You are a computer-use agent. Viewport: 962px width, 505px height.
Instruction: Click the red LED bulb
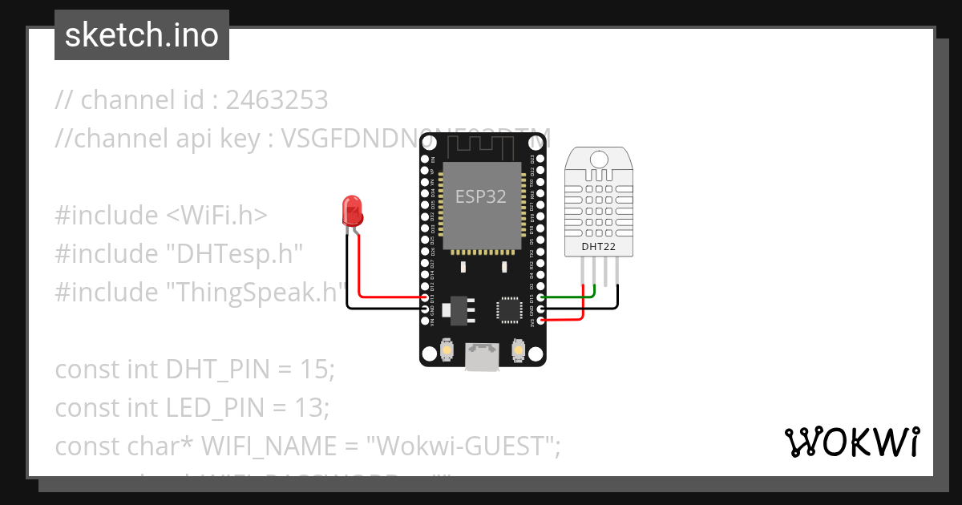pyautogui.click(x=351, y=210)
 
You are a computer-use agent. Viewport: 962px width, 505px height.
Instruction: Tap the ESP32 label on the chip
pyautogui.click(x=481, y=196)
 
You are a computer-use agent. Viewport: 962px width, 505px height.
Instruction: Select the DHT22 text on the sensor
pyautogui.click(x=599, y=246)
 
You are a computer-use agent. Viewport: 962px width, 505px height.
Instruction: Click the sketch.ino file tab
pyautogui.click(x=142, y=35)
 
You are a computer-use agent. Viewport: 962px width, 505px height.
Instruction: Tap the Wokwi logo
pyautogui.click(x=851, y=442)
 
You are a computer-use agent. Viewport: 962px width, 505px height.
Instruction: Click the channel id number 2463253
pyautogui.click(x=277, y=100)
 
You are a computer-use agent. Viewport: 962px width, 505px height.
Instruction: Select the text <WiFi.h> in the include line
pyautogui.click(x=217, y=216)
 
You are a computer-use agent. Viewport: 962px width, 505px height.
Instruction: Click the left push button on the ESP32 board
pyautogui.click(x=447, y=350)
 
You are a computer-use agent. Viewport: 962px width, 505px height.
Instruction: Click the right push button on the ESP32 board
pyautogui.click(x=517, y=350)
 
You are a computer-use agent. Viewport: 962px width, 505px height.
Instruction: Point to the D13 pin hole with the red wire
pyautogui.click(x=426, y=297)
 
